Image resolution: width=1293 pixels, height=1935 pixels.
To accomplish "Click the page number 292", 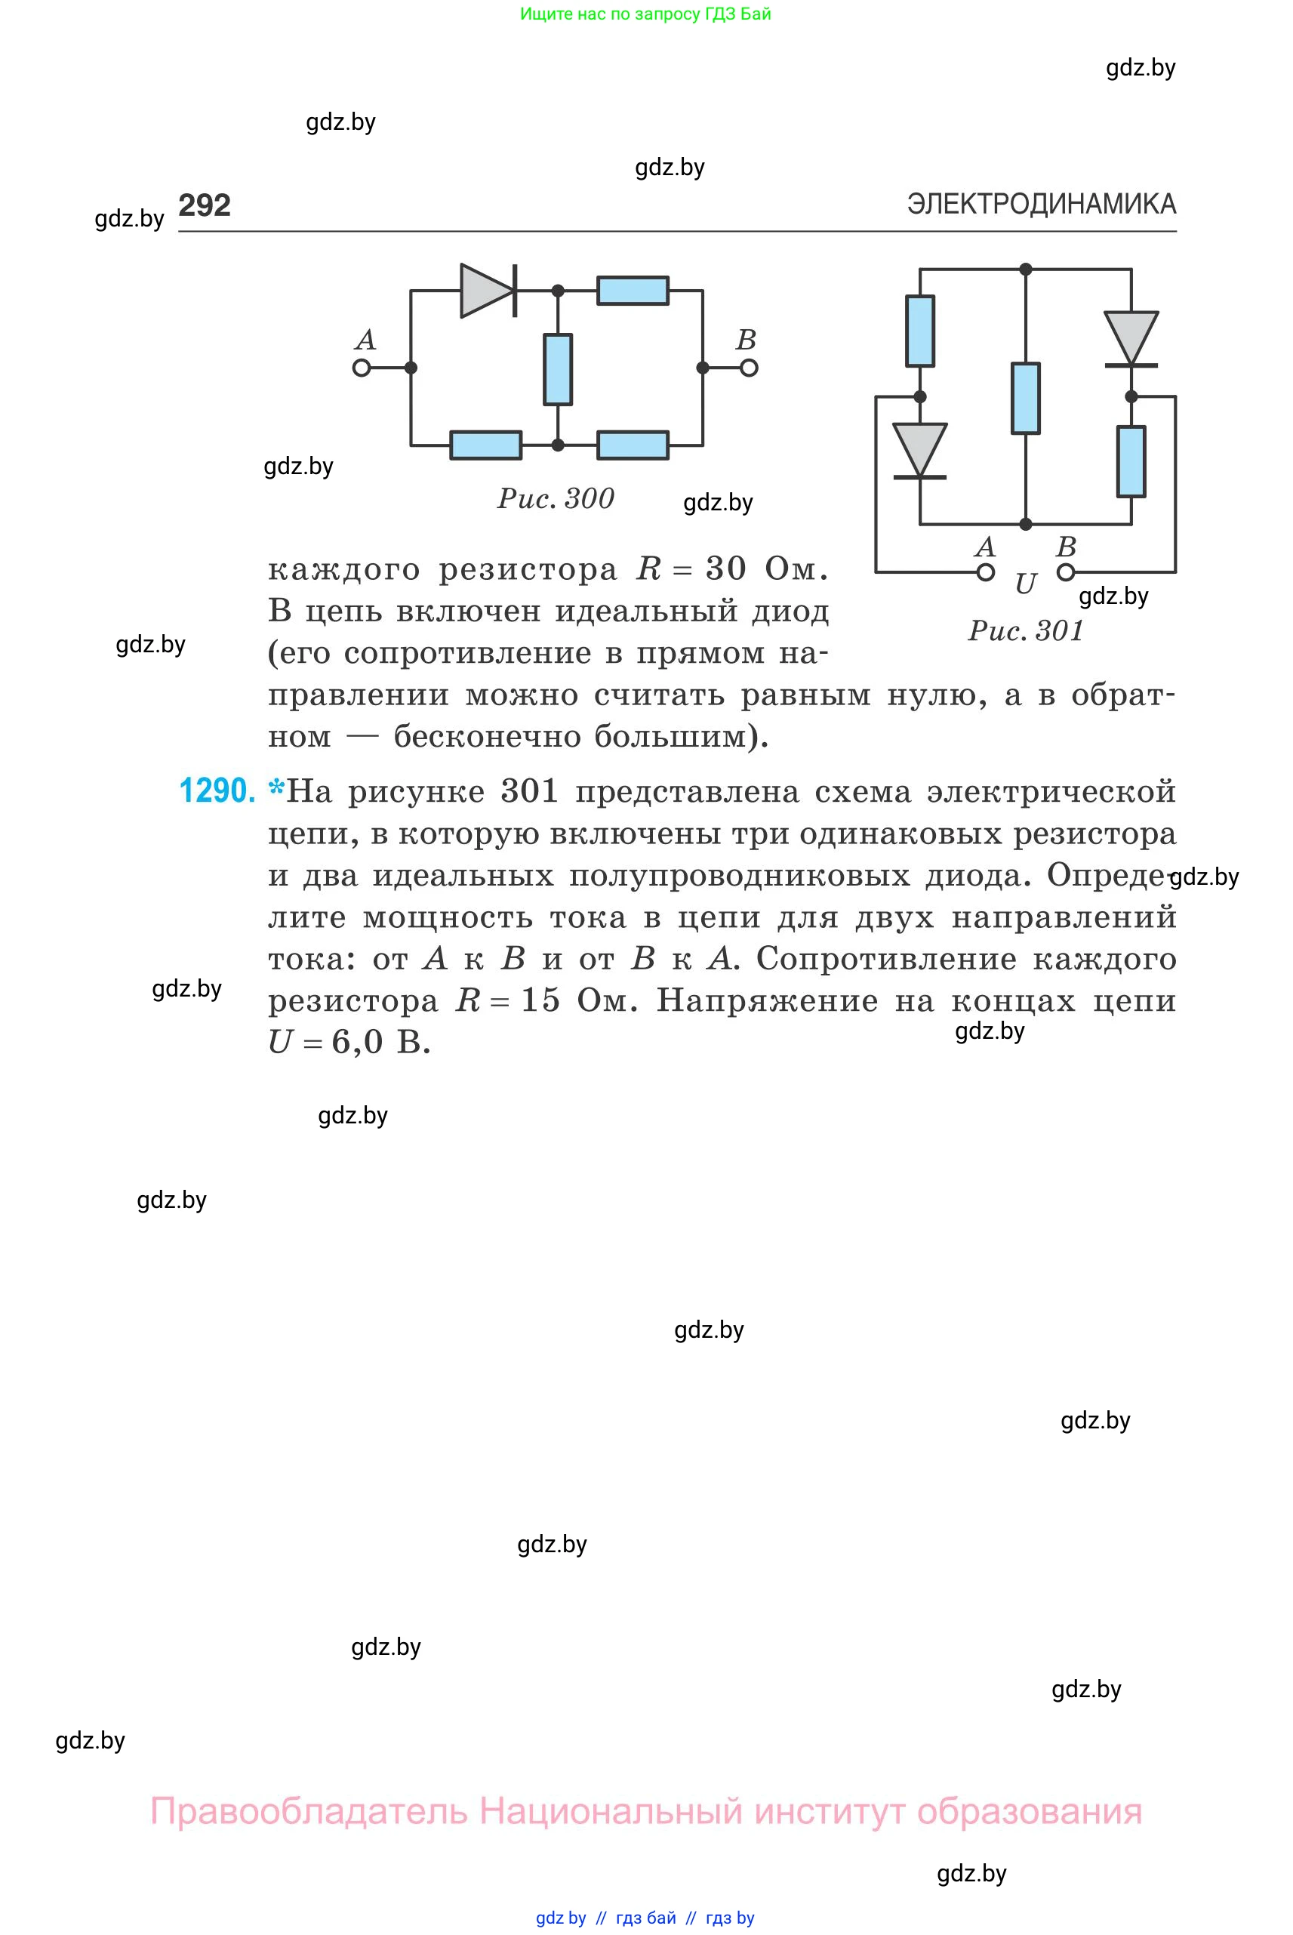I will point(205,205).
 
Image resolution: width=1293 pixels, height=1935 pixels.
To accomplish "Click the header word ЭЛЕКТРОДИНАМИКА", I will point(1042,204).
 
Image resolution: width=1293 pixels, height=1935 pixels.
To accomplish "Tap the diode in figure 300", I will point(488,291).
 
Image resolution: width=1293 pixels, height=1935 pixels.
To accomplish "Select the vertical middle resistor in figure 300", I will point(559,368).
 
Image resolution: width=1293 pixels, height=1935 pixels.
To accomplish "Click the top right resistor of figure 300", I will point(633,291).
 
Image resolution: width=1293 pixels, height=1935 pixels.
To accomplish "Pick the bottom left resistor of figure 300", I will point(485,445).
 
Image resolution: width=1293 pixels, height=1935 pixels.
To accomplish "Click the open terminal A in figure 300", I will point(362,368).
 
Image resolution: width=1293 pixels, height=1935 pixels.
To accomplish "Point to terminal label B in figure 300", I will point(746,340).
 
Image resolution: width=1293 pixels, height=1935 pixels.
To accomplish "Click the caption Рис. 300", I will point(556,498).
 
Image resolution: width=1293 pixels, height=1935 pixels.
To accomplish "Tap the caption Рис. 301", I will point(1025,630).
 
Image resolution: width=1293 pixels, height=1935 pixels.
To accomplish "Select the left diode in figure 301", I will point(920,451).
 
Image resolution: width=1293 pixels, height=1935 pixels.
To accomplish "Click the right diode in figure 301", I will point(1131,338).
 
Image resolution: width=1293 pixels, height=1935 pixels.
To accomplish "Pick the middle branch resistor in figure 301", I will point(1026,399).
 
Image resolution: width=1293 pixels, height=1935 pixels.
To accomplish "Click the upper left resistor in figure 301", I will point(920,331).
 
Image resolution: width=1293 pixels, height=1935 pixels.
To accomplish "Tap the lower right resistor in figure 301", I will point(1131,461).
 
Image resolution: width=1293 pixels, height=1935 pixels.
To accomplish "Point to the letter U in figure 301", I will point(1025,584).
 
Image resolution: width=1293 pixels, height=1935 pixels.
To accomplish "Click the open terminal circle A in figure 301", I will point(986,572).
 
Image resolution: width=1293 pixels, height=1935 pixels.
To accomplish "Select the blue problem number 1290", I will point(217,790).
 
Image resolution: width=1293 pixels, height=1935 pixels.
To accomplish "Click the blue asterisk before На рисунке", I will point(276,788).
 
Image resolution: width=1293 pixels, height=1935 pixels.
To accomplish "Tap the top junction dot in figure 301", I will point(1026,270).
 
